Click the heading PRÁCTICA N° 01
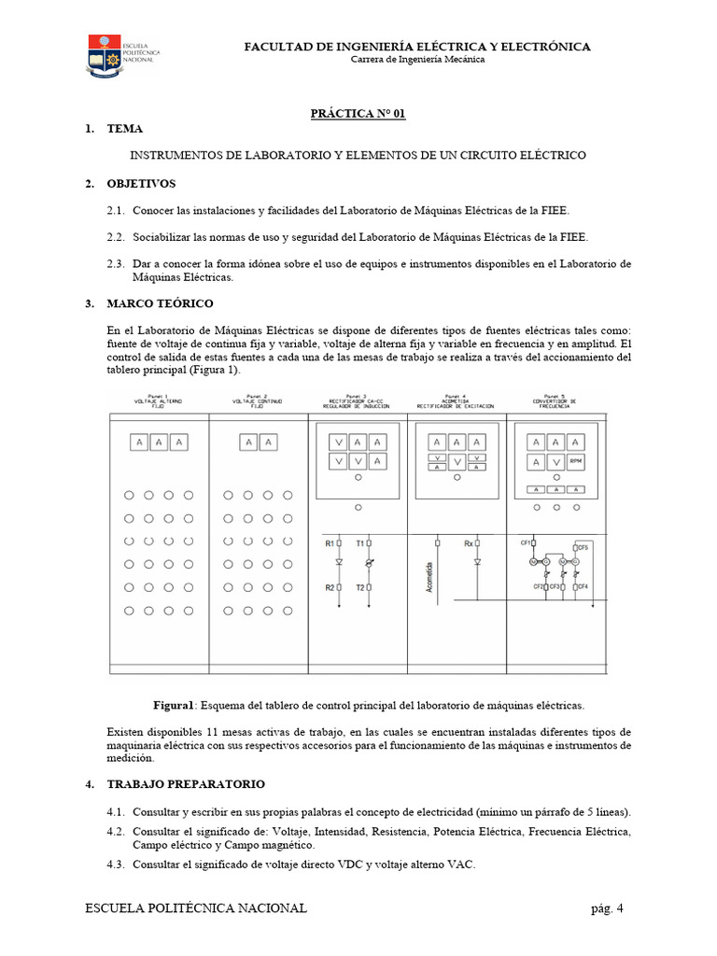(358, 114)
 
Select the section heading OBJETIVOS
(141, 183)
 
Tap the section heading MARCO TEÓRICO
(160, 303)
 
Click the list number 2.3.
(116, 264)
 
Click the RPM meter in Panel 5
(576, 461)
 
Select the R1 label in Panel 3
(330, 542)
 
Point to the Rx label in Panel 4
(468, 542)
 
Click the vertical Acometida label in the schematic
(429, 583)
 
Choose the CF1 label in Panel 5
(526, 541)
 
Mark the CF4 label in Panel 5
(583, 586)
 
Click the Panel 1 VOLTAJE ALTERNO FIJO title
(159, 401)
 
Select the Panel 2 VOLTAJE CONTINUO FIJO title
(258, 401)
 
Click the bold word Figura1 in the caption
(173, 705)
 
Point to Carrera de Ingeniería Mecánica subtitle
(417, 60)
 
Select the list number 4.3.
(116, 865)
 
